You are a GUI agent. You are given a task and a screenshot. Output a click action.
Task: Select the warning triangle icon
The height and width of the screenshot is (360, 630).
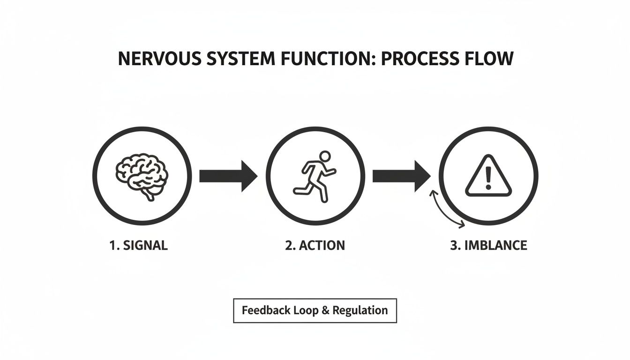click(488, 177)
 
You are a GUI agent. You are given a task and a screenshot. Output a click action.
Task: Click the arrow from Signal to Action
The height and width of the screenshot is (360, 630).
click(228, 176)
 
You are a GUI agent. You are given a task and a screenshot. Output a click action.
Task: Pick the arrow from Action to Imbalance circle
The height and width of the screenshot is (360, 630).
click(401, 176)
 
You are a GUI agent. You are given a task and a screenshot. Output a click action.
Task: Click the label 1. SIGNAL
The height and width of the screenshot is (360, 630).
click(138, 245)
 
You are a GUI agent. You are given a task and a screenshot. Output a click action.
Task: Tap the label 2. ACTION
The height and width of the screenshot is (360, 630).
click(315, 245)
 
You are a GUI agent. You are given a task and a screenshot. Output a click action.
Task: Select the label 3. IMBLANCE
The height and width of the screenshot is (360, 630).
click(488, 245)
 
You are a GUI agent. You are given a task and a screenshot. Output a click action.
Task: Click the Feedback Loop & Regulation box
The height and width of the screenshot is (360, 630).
click(315, 310)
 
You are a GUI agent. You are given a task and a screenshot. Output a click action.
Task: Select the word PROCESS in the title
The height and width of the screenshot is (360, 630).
click(422, 59)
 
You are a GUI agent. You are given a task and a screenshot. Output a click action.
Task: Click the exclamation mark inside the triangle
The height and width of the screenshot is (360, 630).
click(488, 178)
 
